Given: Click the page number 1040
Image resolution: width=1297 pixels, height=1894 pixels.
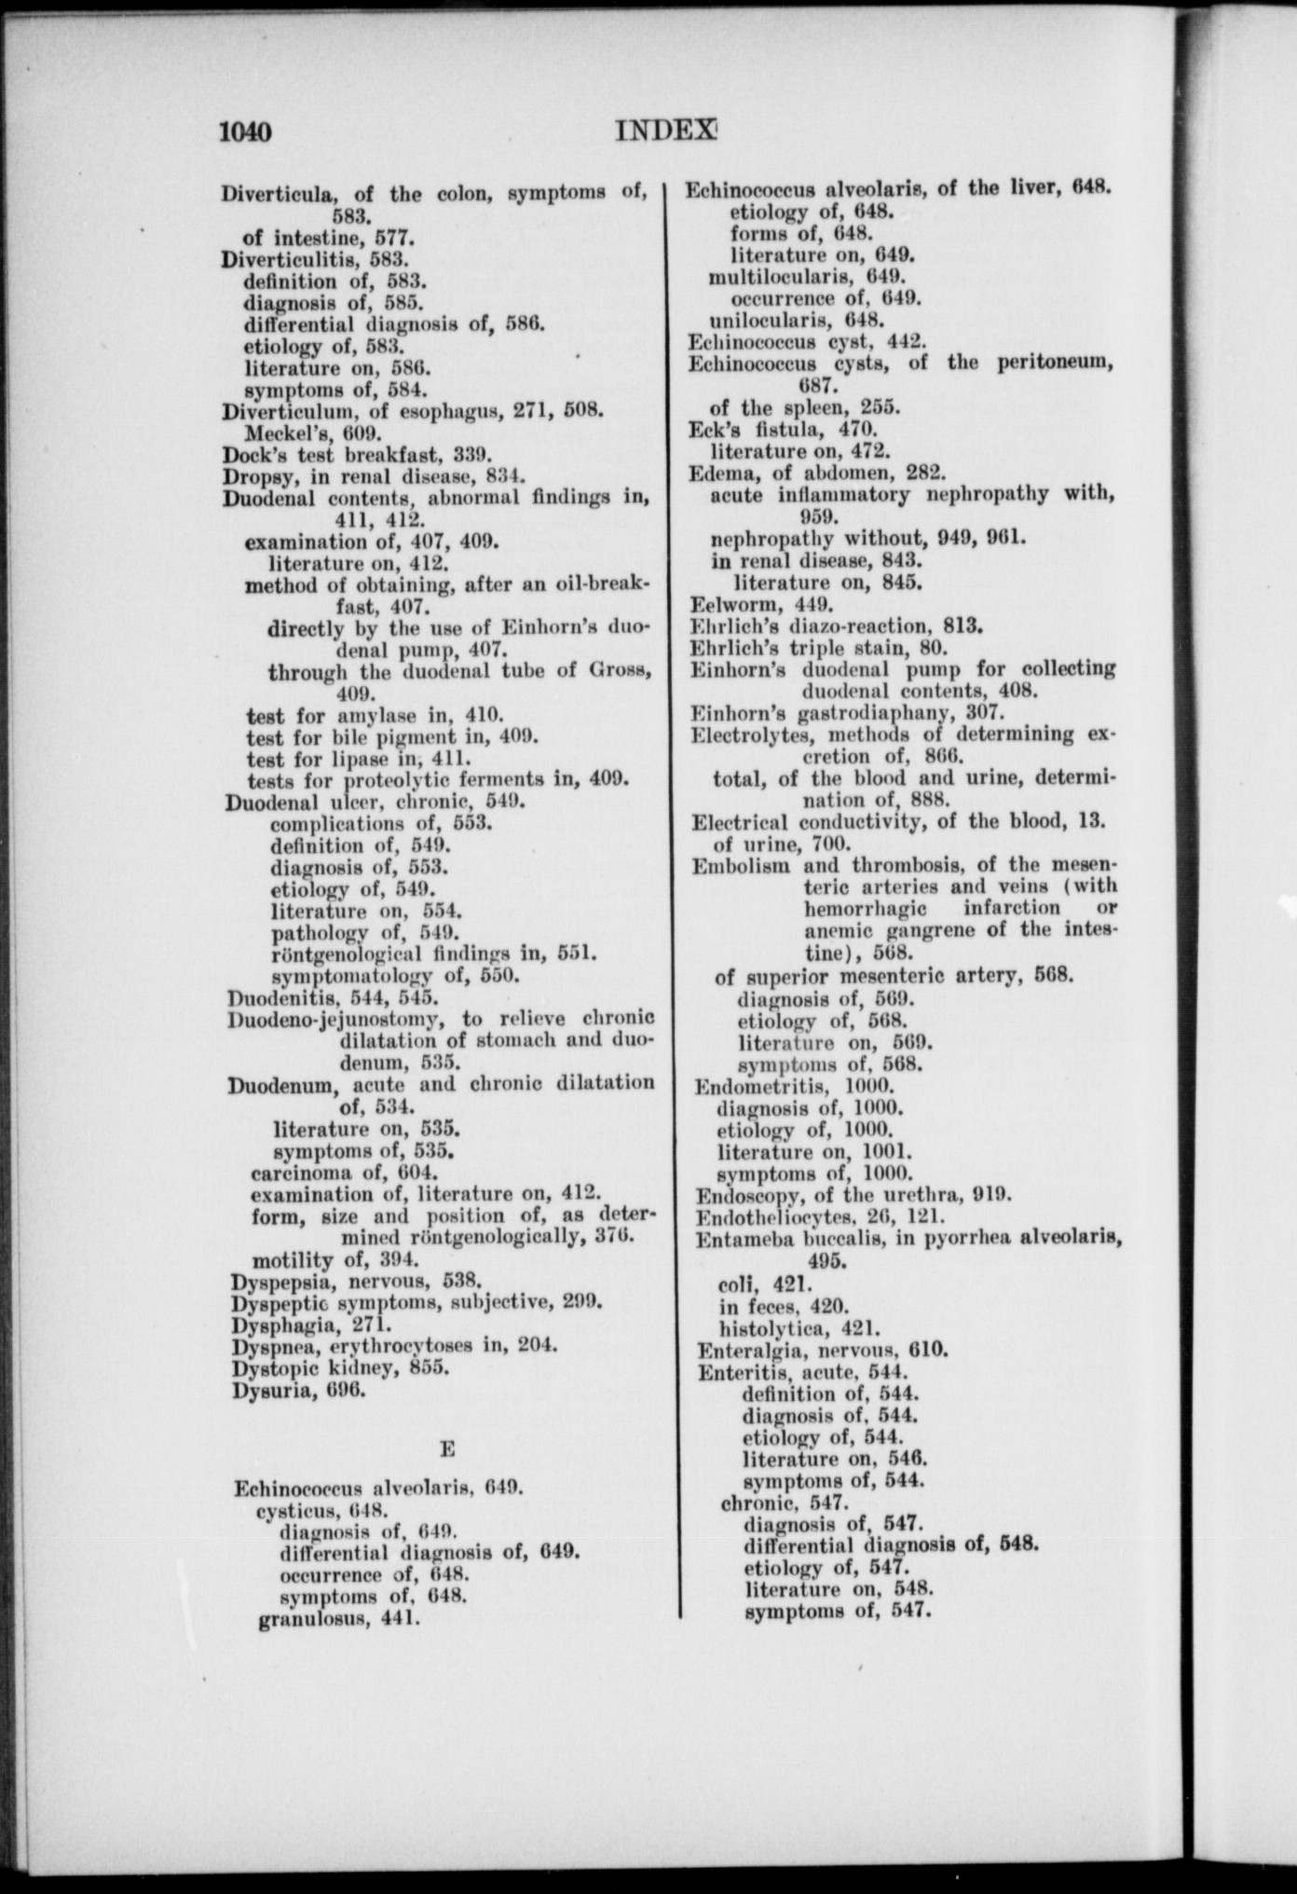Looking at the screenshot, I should [245, 131].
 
